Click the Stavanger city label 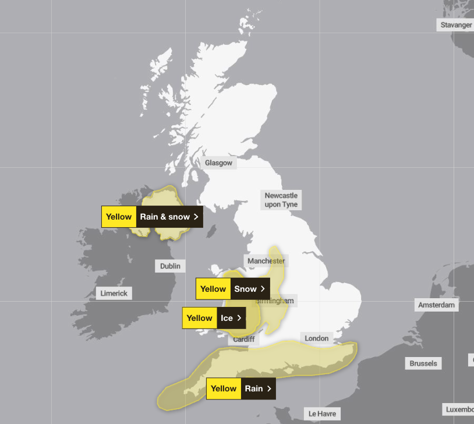click(x=456, y=25)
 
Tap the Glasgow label click(x=218, y=163)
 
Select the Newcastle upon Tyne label click(x=281, y=200)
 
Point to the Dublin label click(x=171, y=266)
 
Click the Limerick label click(x=114, y=294)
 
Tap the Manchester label click(x=266, y=261)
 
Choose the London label click(x=317, y=338)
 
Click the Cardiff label click(x=244, y=339)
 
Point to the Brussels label click(x=423, y=363)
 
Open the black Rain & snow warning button click(x=169, y=217)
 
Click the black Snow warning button click(x=250, y=289)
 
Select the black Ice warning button click(x=231, y=318)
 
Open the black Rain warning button click(x=258, y=388)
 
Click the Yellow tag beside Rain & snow click(x=119, y=217)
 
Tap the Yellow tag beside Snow click(x=213, y=289)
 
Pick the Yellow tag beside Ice click(x=200, y=318)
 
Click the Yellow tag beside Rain click(x=224, y=388)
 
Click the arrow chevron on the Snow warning click(x=263, y=289)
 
